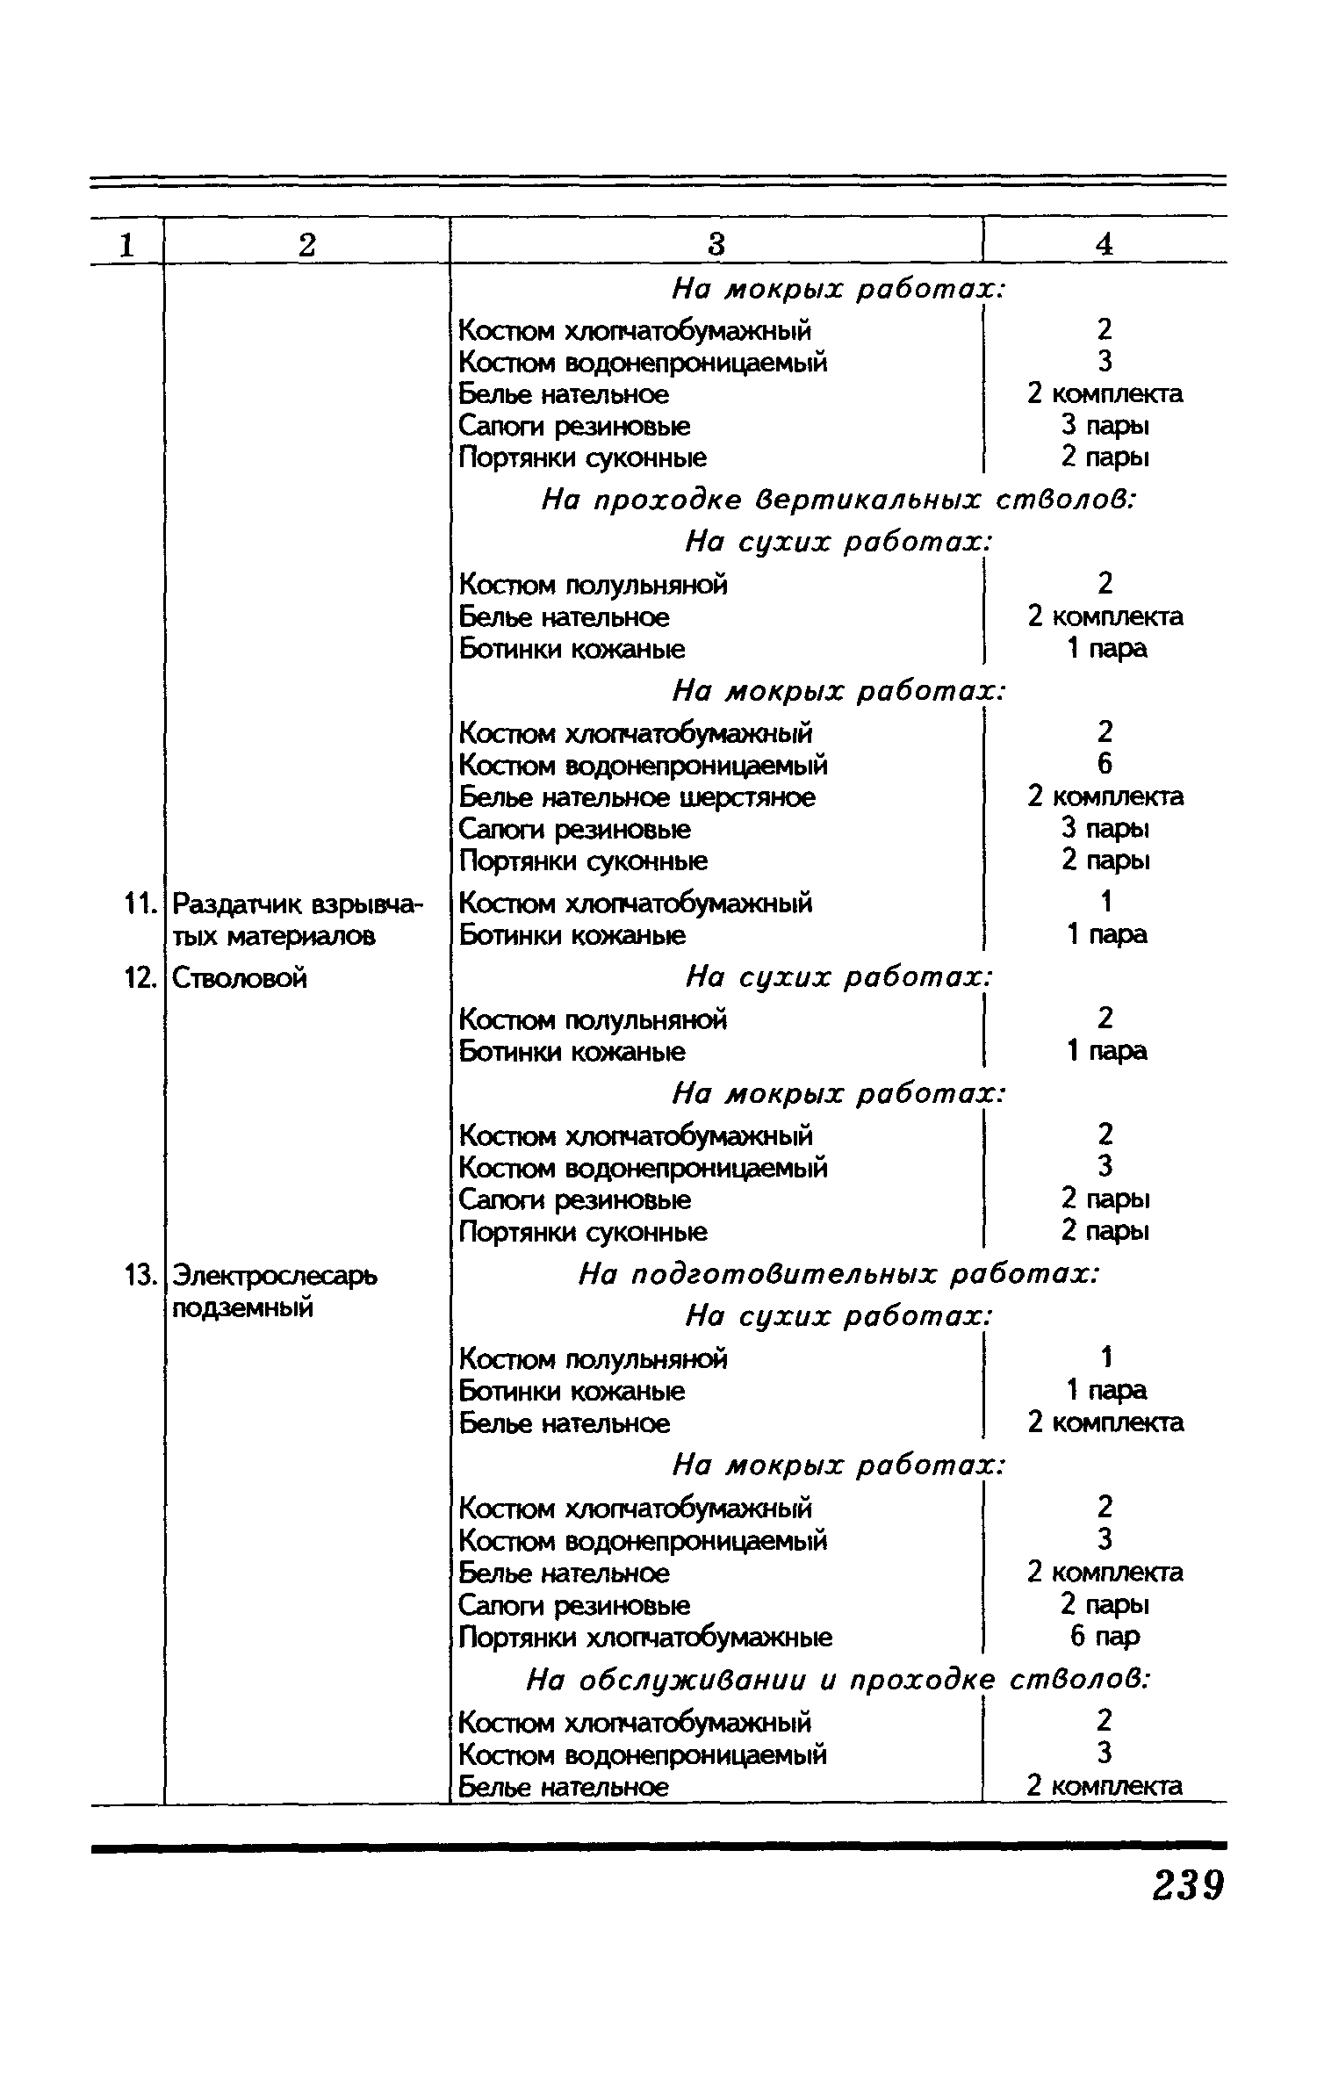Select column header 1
tap(127, 245)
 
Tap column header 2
tap(306, 245)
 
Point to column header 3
tap(716, 245)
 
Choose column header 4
tap(1105, 245)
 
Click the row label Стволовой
tap(239, 978)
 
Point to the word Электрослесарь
tap(274, 1275)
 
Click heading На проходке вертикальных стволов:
tap(838, 500)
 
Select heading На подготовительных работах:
tap(838, 1274)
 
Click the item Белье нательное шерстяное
tap(637, 797)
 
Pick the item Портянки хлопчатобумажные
tap(645, 1638)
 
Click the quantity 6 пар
tap(1105, 1637)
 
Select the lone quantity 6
tap(1105, 764)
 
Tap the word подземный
tap(242, 1308)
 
